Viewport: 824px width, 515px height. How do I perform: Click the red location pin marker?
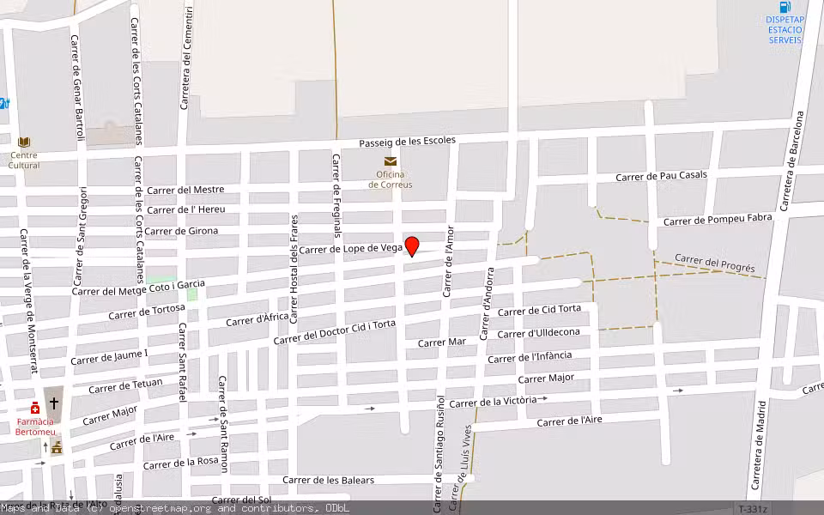pyautogui.click(x=412, y=245)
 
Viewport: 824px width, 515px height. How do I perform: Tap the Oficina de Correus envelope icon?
pyautogui.click(x=391, y=161)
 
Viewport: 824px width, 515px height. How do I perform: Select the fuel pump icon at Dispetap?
pyautogui.click(x=785, y=7)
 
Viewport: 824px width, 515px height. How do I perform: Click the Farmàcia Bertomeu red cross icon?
pyautogui.click(x=35, y=408)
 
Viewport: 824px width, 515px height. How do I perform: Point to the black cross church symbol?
pyautogui.click(x=54, y=403)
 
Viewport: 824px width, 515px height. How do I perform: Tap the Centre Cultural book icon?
pyautogui.click(x=24, y=142)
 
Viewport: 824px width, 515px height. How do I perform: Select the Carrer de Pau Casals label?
pyautogui.click(x=661, y=176)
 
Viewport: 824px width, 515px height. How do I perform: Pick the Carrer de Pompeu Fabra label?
pyautogui.click(x=718, y=220)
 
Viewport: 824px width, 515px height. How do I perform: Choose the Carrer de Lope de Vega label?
pyautogui.click(x=351, y=249)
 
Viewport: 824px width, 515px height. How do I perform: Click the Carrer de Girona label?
pyautogui.click(x=181, y=231)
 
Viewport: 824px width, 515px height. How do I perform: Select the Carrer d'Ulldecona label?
pyautogui.click(x=538, y=333)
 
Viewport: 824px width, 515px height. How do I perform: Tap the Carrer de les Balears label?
pyautogui.click(x=329, y=480)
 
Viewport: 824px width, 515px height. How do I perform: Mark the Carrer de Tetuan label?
pyautogui.click(x=125, y=384)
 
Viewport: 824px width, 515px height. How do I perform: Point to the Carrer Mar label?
pyautogui.click(x=441, y=342)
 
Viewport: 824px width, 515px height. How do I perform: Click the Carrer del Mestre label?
pyautogui.click(x=185, y=190)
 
